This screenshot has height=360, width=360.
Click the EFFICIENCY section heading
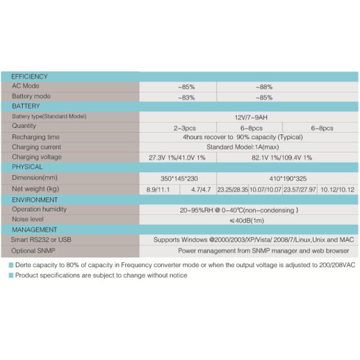(29, 77)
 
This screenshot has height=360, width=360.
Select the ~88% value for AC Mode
(263, 86)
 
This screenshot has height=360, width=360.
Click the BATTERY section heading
(26, 106)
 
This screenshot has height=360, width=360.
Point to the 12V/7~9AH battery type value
(251, 117)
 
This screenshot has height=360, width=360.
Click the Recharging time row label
(36, 137)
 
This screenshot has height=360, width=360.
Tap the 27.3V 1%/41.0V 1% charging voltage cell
(177, 157)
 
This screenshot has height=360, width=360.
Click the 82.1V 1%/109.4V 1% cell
(282, 157)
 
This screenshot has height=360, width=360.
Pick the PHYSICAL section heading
(27, 167)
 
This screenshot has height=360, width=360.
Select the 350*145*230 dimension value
(179, 178)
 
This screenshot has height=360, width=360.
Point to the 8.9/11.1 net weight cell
(158, 190)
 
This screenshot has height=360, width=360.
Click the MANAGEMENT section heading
(34, 229)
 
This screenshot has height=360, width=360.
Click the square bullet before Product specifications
(11, 275)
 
